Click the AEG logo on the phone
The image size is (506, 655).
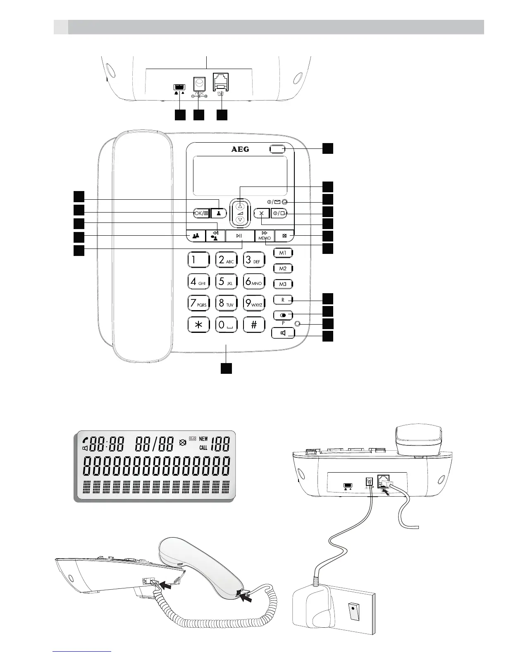240,149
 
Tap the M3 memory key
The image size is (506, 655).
283,284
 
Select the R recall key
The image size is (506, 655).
283,300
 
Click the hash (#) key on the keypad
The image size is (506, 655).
254,325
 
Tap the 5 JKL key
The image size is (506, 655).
226,282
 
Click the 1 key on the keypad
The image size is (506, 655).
199,260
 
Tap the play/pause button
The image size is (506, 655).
240,236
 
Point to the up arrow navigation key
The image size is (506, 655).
240,206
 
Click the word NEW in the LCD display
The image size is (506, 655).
203,439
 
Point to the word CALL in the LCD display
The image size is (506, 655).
203,448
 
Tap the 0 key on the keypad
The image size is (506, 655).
226,325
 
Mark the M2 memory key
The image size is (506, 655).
283,269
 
